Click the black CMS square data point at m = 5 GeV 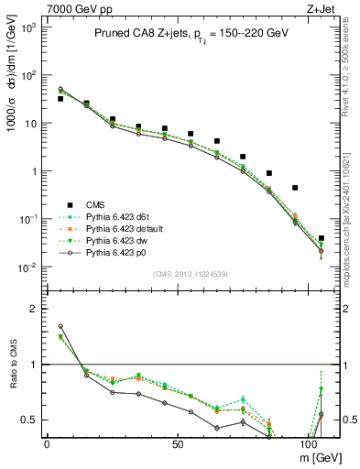(x=60, y=98)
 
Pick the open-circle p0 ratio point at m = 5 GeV (x=60, y=326)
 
